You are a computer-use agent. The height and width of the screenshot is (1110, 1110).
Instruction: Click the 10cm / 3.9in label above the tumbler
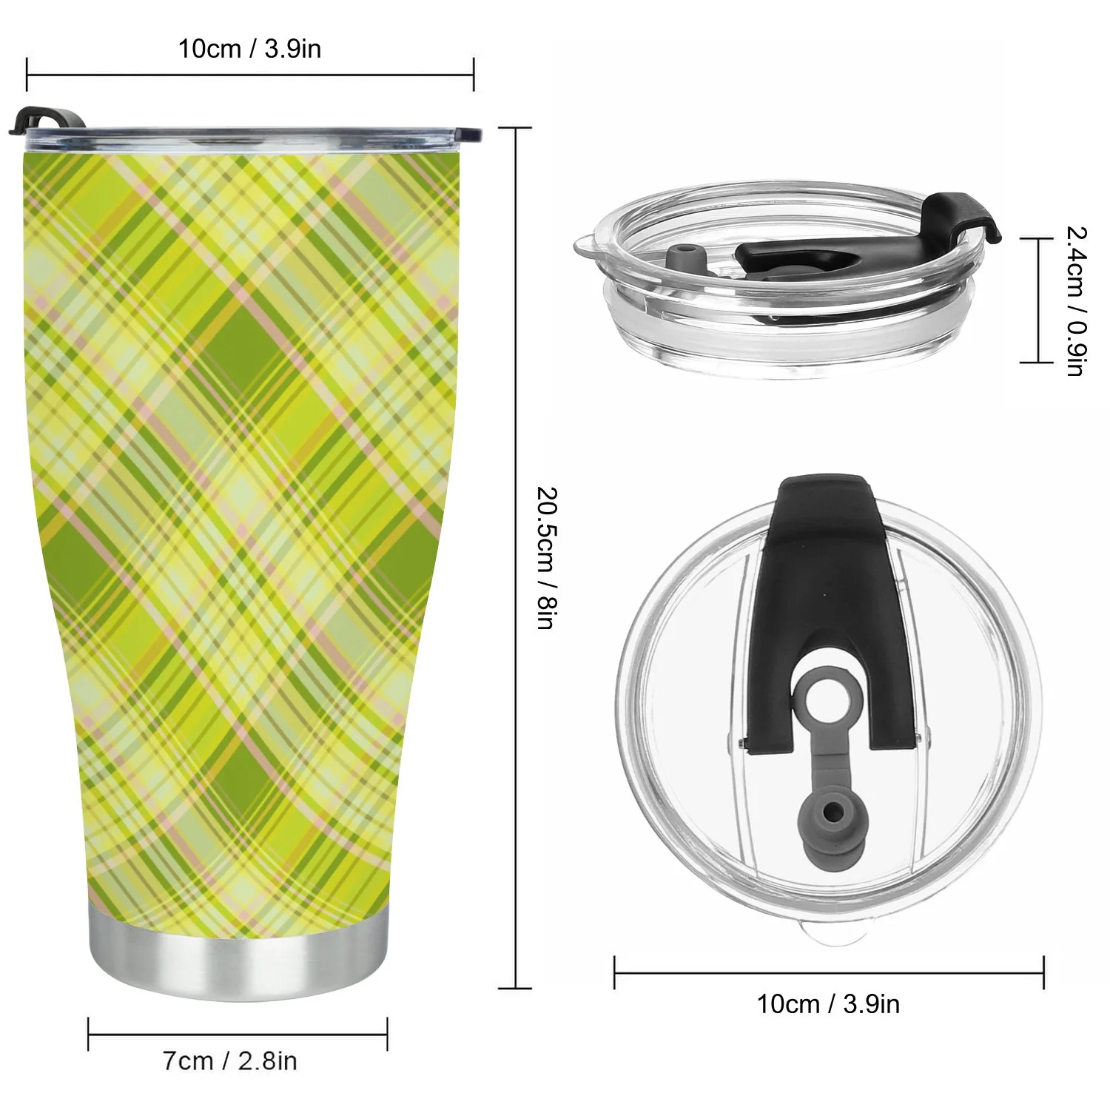click(249, 49)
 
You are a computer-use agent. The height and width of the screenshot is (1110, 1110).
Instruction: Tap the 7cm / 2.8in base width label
click(230, 1060)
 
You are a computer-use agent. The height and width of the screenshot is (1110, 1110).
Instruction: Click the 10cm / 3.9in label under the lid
click(828, 1003)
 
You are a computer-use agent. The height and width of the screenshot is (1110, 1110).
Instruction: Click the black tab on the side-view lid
click(962, 215)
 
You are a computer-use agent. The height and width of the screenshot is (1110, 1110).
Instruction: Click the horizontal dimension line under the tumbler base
click(238, 1034)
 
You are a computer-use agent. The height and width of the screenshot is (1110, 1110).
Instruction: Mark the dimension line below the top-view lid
click(829, 972)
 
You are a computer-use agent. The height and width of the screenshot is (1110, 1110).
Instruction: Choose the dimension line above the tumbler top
click(249, 75)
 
